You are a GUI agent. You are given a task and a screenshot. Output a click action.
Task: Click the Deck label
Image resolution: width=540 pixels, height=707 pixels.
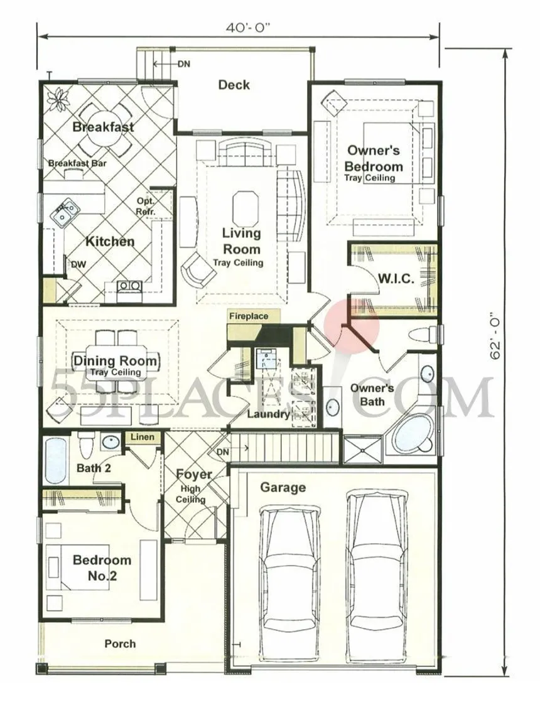(x=234, y=85)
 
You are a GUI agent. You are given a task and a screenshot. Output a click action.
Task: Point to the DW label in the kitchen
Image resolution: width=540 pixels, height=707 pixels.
(x=78, y=265)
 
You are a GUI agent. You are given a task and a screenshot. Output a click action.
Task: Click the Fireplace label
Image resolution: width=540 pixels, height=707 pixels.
(x=249, y=316)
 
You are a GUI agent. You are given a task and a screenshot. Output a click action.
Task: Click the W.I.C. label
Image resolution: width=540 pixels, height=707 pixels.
(x=396, y=279)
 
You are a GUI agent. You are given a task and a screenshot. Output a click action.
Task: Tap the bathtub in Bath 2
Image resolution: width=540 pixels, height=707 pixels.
(x=57, y=460)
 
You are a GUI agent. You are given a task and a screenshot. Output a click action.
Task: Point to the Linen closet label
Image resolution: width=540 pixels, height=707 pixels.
(x=143, y=437)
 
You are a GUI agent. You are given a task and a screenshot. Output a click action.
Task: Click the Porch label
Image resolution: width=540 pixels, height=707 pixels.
(x=120, y=644)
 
